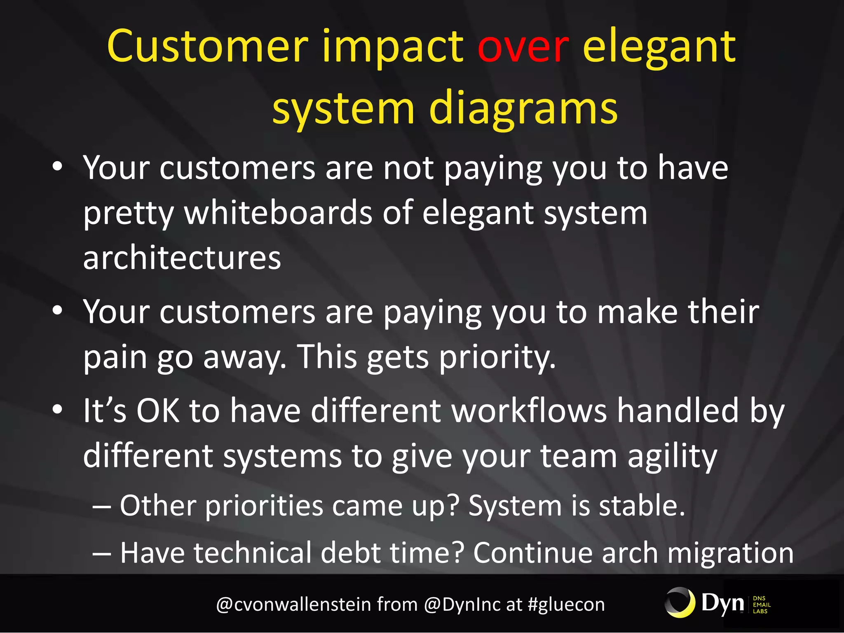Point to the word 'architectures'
[x=182, y=258]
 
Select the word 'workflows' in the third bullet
[x=529, y=411]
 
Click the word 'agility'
[x=672, y=457]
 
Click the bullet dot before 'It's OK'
[x=58, y=410]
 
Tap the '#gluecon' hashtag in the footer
[x=566, y=605]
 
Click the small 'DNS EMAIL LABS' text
[x=761, y=605]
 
